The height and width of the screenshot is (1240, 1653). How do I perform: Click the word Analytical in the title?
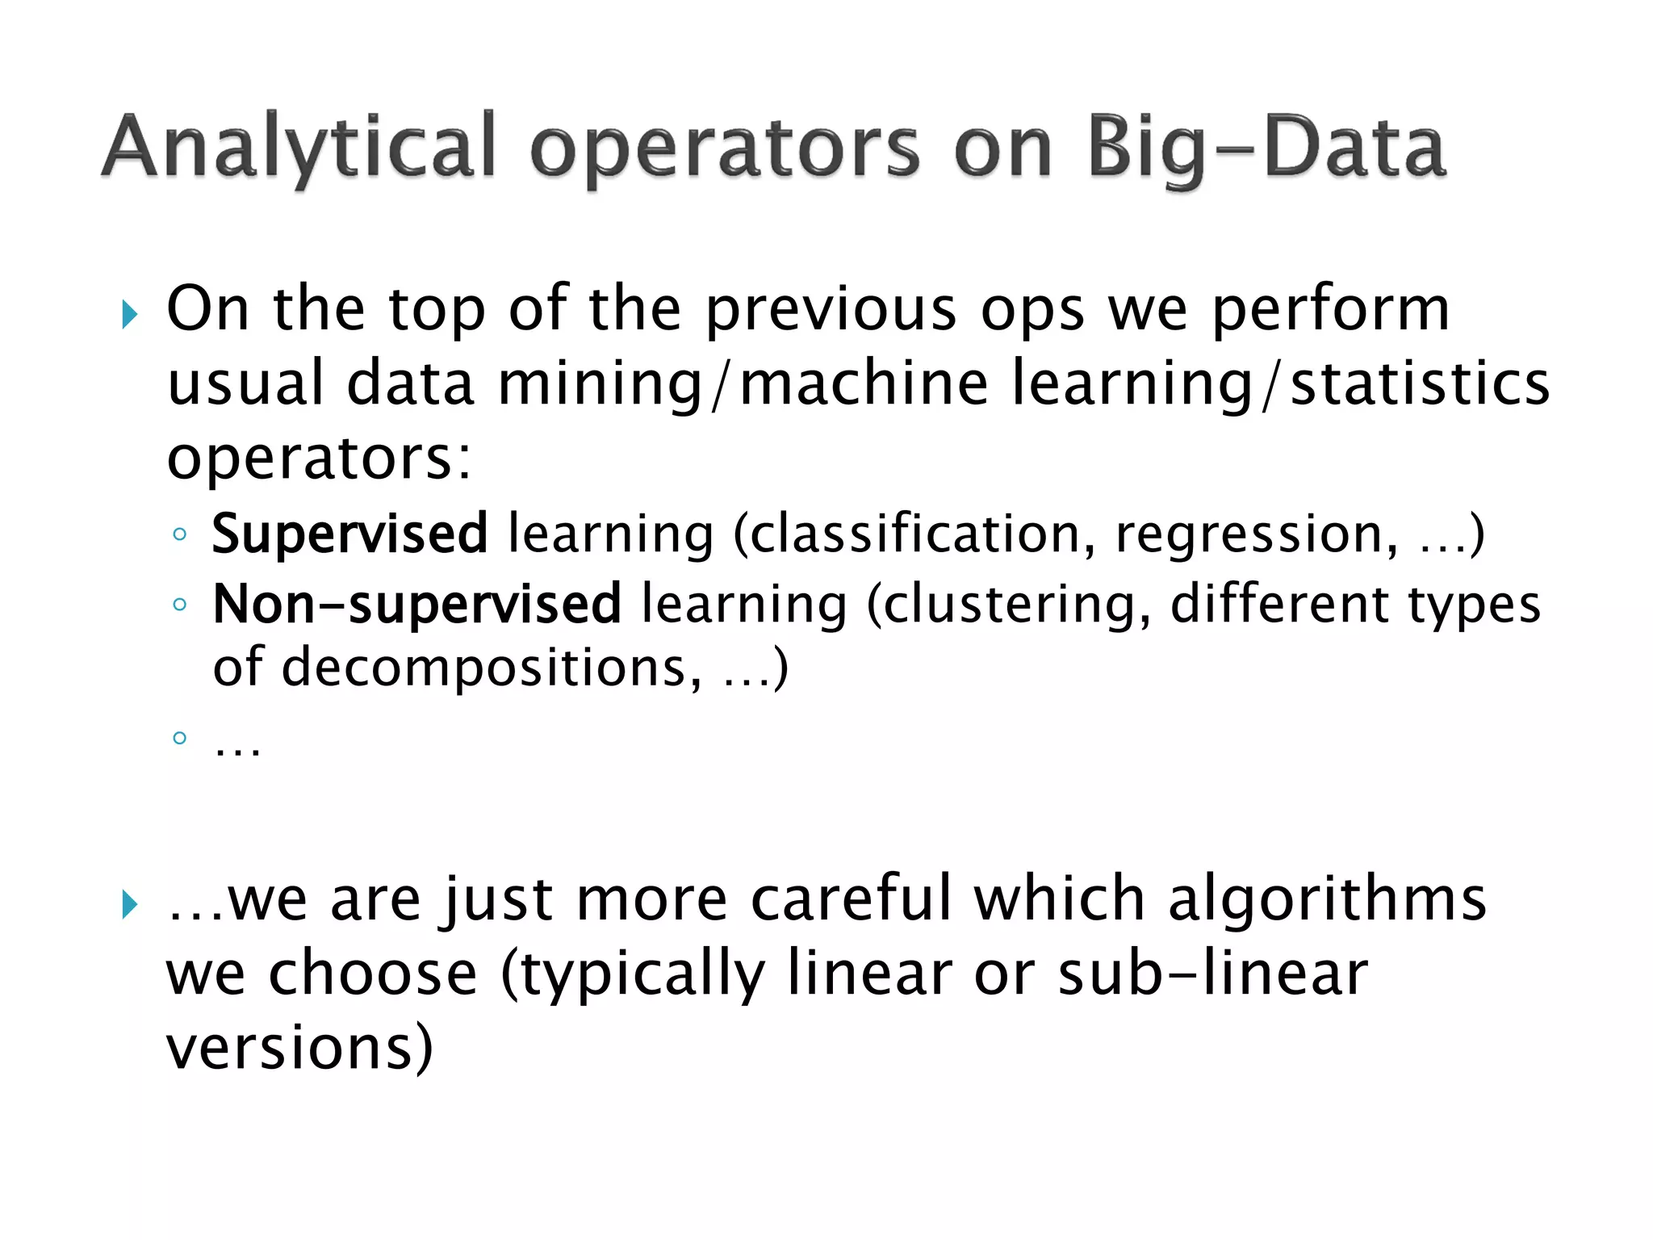pyautogui.click(x=299, y=148)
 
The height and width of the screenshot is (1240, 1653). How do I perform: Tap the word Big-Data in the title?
pyautogui.click(x=1266, y=148)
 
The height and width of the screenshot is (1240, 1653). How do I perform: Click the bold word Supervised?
pyautogui.click(x=349, y=535)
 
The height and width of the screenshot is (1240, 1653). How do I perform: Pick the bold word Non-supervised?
pyautogui.click(x=416, y=604)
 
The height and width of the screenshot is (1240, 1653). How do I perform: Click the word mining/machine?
pyautogui.click(x=743, y=384)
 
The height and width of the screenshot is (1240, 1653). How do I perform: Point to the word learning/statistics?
pyautogui.click(x=1280, y=384)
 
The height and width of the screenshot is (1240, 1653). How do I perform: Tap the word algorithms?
pyautogui.click(x=1327, y=899)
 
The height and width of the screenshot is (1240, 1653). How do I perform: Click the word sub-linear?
pyautogui.click(x=1212, y=974)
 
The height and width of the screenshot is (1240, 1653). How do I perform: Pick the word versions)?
pyautogui.click(x=299, y=1048)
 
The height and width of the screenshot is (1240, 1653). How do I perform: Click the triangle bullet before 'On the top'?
pyautogui.click(x=130, y=314)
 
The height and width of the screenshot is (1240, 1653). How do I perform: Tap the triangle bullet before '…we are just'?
pyautogui.click(x=130, y=904)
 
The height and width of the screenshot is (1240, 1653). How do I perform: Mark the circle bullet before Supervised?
pyautogui.click(x=179, y=534)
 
